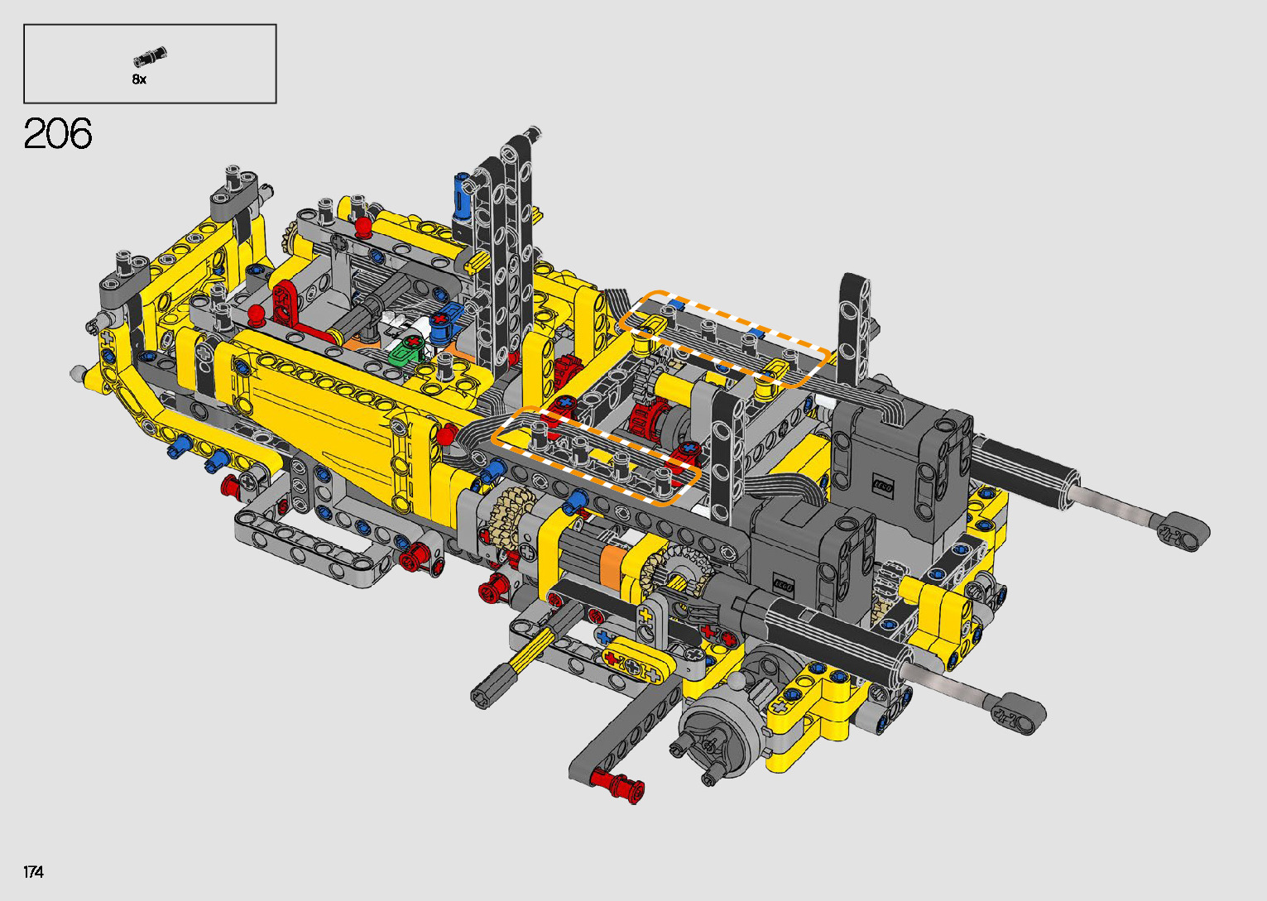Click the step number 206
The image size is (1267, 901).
point(58,133)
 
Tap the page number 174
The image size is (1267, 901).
point(33,872)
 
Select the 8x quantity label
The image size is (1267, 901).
point(139,79)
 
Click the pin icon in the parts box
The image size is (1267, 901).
point(150,56)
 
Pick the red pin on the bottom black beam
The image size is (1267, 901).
point(617,786)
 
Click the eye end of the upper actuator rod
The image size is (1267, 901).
point(1183,532)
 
